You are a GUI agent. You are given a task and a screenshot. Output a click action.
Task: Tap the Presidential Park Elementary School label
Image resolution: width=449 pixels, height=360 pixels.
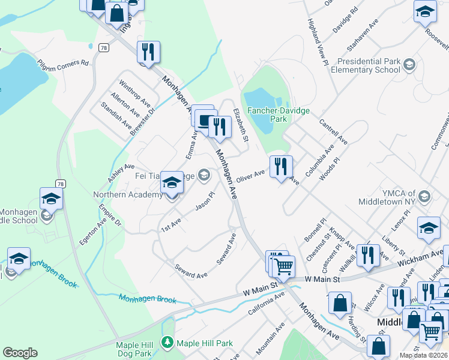click(x=369, y=65)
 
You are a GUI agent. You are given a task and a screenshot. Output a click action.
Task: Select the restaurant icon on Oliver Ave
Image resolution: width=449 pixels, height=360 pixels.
click(x=281, y=166)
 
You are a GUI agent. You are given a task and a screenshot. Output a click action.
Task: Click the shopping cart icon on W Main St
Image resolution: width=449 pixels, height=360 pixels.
click(x=283, y=265)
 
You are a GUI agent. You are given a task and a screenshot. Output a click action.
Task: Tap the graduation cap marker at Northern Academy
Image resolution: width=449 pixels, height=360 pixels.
click(x=172, y=183)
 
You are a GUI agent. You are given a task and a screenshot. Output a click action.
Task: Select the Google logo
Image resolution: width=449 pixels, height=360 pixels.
click(x=20, y=353)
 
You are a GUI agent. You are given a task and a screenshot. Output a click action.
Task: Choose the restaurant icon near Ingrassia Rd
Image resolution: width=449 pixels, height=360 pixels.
click(x=146, y=52)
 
